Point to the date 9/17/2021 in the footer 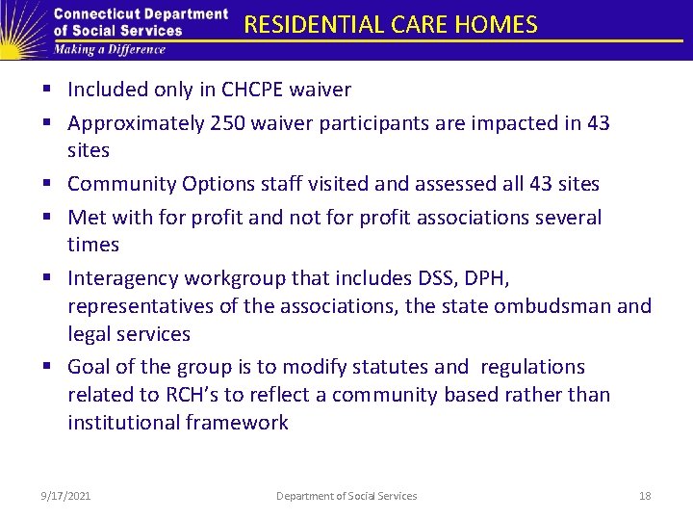pyautogui.click(x=66, y=496)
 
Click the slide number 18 pyautogui.click(x=645, y=496)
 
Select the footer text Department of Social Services pyautogui.click(x=346, y=496)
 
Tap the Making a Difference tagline pyautogui.click(x=111, y=49)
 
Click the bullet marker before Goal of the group pyautogui.click(x=47, y=367)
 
